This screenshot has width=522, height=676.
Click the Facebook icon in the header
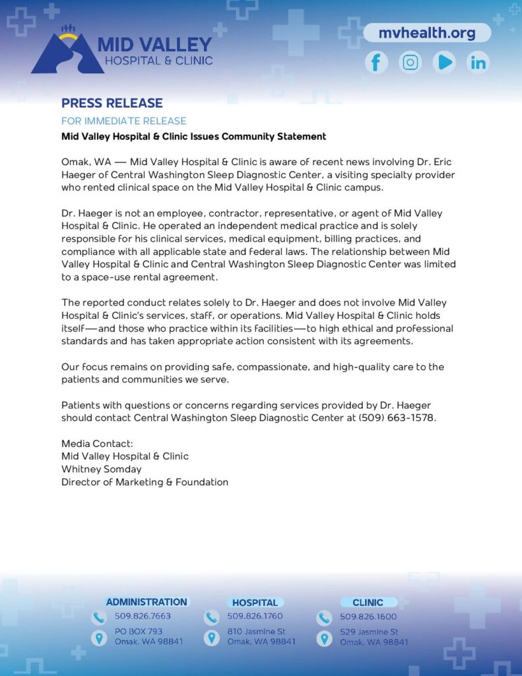[x=376, y=63]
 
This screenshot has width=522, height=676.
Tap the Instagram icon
[x=410, y=63]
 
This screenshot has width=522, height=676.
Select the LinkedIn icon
[x=478, y=63]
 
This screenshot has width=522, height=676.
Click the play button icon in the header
[x=444, y=63]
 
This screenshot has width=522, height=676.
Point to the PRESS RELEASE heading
[x=112, y=103]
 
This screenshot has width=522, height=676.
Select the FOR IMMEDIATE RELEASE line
[x=123, y=121]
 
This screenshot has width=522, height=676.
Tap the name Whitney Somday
[x=101, y=469]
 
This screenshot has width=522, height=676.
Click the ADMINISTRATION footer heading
[x=147, y=602]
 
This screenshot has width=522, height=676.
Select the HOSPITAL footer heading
[x=255, y=603]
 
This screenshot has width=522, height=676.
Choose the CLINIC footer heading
[x=368, y=603]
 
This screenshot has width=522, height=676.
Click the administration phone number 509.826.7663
[x=143, y=617]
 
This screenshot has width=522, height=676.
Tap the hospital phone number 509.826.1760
[x=255, y=617]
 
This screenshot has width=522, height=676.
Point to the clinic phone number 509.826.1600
[x=368, y=617]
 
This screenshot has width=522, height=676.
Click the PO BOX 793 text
[x=138, y=632]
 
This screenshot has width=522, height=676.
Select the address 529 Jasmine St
[x=369, y=632]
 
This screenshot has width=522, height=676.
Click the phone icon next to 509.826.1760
[x=211, y=617]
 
